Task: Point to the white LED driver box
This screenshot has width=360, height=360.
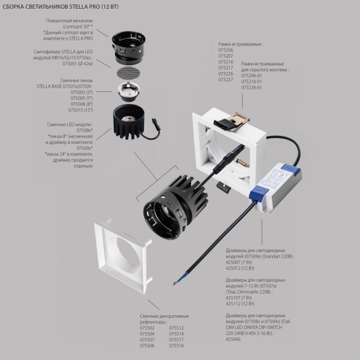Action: pos(275,182)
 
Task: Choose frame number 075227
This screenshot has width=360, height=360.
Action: pos(226,79)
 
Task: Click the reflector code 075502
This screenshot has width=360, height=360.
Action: pos(148,327)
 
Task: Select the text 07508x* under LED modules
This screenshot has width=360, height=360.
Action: pos(67,129)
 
